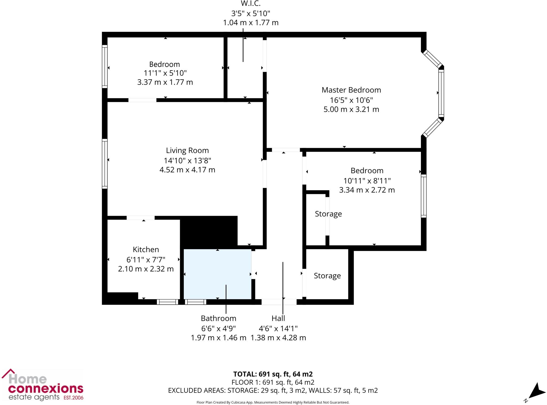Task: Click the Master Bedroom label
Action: [x=351, y=90]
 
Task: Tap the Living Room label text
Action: [x=187, y=151]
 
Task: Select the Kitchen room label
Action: [x=146, y=249]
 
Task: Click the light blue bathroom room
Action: [x=217, y=274]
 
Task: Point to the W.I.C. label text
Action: [x=251, y=4]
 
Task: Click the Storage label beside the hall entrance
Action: [x=327, y=276]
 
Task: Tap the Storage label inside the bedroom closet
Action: [x=328, y=214]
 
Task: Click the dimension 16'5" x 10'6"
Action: [x=351, y=100]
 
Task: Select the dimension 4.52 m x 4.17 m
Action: [x=187, y=170]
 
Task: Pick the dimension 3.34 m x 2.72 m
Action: [x=367, y=190]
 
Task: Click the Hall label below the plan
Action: [x=278, y=318]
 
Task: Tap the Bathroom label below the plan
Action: [x=218, y=318]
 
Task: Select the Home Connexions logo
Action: [x=43, y=385]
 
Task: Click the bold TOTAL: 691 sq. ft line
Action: [x=273, y=374]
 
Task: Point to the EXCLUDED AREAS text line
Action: [x=273, y=390]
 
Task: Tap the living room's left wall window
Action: [x=105, y=164]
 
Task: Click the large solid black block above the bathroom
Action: [x=209, y=232]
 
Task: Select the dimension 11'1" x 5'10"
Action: [x=165, y=73]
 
